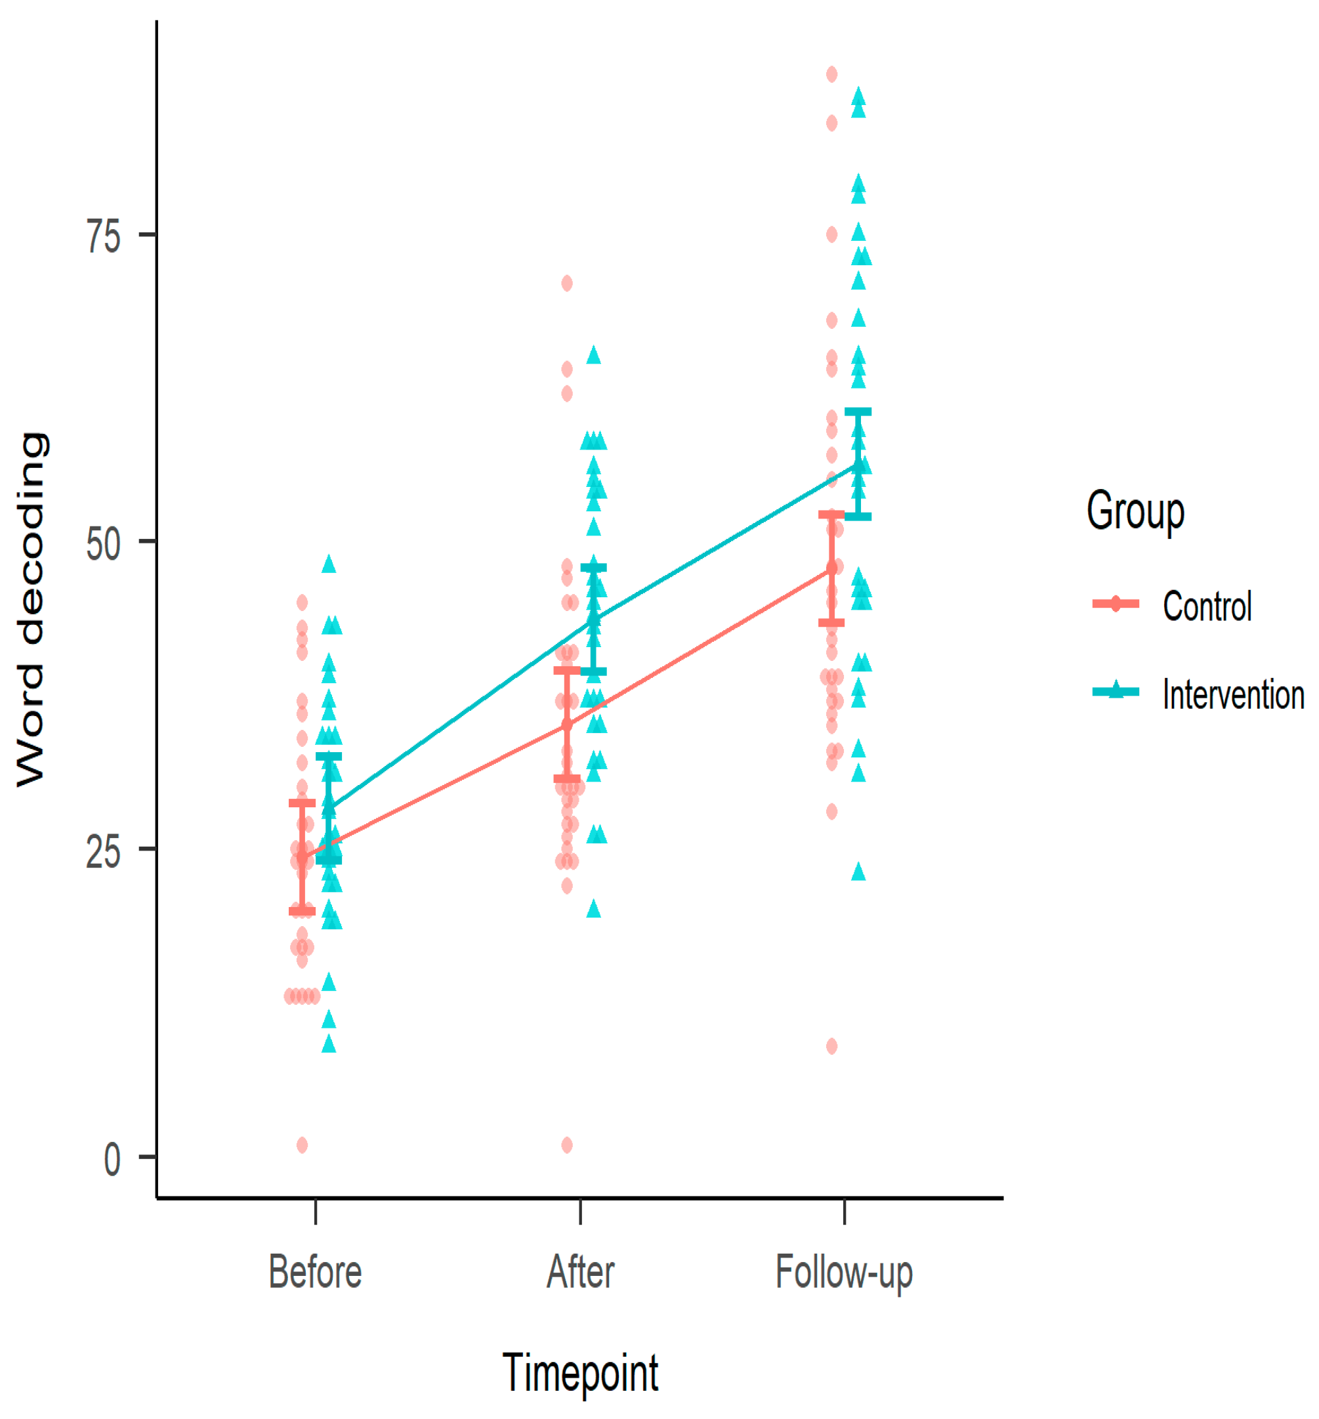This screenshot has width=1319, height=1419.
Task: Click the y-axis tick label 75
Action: point(104,236)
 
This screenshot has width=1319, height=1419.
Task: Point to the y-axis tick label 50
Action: point(104,544)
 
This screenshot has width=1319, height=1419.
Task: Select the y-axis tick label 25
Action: point(104,851)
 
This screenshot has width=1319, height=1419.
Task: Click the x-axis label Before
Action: point(315,1271)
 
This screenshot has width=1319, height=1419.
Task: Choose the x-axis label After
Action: point(580,1271)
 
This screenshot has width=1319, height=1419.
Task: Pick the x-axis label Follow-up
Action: point(844,1273)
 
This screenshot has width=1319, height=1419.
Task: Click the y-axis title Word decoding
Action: point(31,610)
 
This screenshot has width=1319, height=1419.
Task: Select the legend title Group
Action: point(1135,511)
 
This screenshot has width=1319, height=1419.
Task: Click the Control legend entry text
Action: point(1207,606)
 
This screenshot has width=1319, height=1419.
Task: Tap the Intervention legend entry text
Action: point(1233,694)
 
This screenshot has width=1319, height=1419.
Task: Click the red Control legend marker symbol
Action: point(1116,604)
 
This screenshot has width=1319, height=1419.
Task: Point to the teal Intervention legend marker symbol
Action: point(1116,691)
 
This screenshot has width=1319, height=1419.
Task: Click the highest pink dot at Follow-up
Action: point(831,74)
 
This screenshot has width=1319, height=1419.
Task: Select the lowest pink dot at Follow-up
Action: point(831,1046)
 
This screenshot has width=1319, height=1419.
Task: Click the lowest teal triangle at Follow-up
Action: point(858,872)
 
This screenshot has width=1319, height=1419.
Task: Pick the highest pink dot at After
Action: point(567,284)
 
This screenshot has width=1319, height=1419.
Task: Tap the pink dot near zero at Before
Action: point(302,1145)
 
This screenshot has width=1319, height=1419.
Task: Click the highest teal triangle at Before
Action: point(328,564)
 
